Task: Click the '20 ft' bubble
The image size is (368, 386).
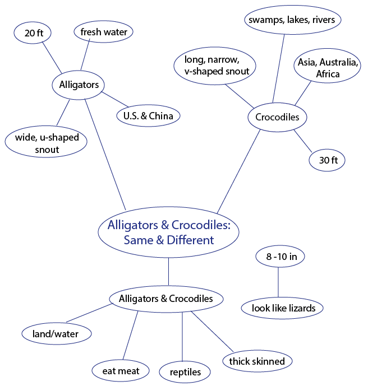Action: [x=33, y=32]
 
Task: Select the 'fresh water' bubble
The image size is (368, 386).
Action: [x=104, y=32]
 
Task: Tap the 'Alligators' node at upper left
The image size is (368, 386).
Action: [x=79, y=85]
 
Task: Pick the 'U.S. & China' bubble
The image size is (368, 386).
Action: [x=148, y=116]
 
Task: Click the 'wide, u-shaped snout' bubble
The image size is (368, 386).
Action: [x=46, y=142]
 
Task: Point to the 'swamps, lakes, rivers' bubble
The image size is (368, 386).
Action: [x=293, y=20]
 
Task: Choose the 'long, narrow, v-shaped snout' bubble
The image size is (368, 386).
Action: [x=215, y=66]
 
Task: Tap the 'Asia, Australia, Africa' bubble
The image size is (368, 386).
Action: [x=328, y=66]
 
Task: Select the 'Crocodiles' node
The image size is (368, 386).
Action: [x=277, y=117]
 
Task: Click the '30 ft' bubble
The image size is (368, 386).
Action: [x=327, y=160]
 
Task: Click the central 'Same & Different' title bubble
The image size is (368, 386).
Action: [x=169, y=232]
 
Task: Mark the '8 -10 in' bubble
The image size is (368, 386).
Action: [x=280, y=256]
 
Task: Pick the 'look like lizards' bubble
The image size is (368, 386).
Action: [x=282, y=308]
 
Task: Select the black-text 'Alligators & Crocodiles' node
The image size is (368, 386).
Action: [x=167, y=299]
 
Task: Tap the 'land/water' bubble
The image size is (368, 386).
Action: [x=57, y=334]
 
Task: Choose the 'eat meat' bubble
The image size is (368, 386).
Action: [x=121, y=371]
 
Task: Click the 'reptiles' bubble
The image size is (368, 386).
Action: [x=185, y=372]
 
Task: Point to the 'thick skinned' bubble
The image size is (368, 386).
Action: [x=257, y=361]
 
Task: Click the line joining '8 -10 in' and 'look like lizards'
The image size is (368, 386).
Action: [x=278, y=282]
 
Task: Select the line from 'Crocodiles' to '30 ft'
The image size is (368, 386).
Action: [x=303, y=141]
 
